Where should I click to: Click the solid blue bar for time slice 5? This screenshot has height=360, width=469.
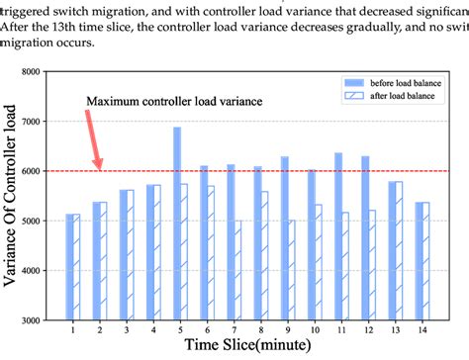(x=177, y=223)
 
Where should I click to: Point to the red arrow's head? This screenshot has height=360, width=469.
(x=99, y=165)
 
